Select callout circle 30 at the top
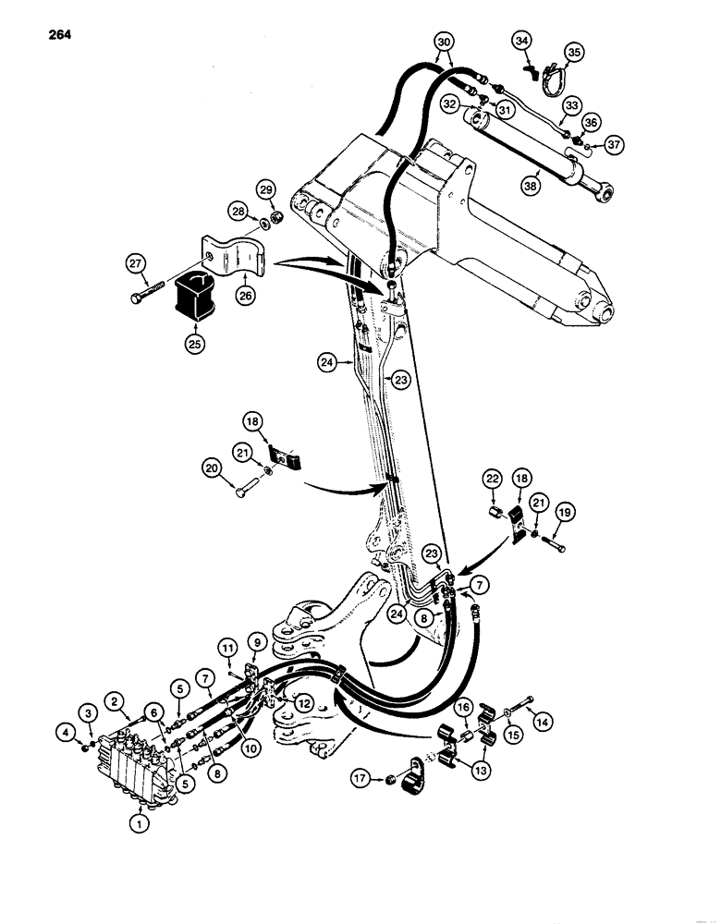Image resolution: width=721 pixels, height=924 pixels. (444, 43)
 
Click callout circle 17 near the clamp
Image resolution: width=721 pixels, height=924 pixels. (361, 779)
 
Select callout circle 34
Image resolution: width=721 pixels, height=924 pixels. (521, 42)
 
